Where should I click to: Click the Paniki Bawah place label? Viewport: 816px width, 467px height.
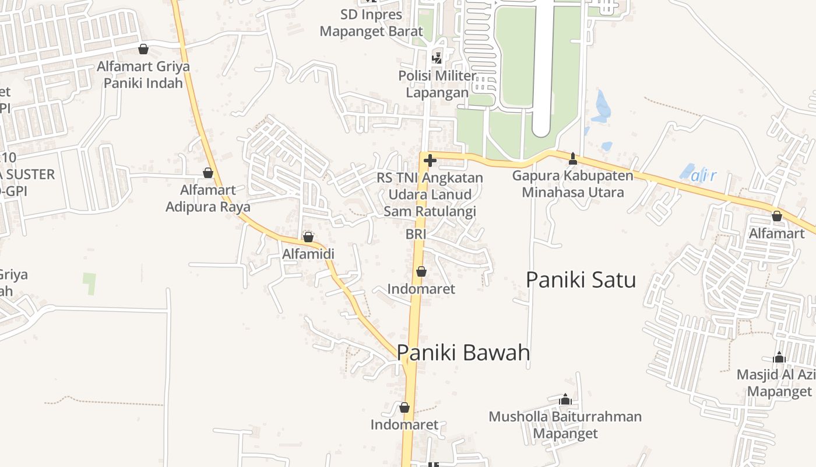point(463,353)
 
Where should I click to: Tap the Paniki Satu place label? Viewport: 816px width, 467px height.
point(581,280)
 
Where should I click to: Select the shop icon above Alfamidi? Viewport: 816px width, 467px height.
point(308,237)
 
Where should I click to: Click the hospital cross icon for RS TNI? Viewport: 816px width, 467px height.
point(430,160)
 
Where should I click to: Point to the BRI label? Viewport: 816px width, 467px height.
point(416,234)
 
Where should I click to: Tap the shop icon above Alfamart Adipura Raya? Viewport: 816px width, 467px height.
point(208,173)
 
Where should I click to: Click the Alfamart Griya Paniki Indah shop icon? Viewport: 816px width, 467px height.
point(143,49)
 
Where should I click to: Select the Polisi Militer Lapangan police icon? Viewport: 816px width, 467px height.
point(436,58)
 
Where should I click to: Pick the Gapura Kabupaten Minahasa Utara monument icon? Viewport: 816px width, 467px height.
point(573,158)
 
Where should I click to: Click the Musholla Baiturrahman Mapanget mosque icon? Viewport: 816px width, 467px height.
point(565,400)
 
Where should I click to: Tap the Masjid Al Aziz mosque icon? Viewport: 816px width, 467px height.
point(779,357)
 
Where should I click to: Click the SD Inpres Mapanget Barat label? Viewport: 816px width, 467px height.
point(371,23)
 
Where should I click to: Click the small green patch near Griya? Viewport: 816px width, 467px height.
point(89,283)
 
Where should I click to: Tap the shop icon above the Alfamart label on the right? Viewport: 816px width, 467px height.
point(776,216)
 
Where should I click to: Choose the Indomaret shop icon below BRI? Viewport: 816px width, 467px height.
point(421,271)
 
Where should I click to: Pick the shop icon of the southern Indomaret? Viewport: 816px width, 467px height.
point(404,407)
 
